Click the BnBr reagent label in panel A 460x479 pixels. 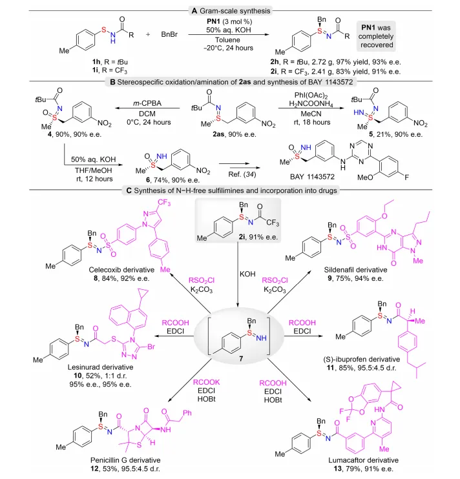(x=169, y=34)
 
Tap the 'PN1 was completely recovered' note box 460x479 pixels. (x=376, y=36)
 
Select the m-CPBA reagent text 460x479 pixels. (x=147, y=103)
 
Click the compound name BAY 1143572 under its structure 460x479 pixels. (x=312, y=177)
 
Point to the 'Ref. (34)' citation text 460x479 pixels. (x=242, y=174)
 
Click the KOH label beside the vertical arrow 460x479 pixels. (x=247, y=274)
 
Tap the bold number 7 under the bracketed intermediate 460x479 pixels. (x=241, y=358)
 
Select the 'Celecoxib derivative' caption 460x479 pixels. (x=121, y=270)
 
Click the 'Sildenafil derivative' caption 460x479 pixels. (x=355, y=270)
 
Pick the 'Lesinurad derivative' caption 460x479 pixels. (x=101, y=367)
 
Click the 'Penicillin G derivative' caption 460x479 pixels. (x=125, y=460)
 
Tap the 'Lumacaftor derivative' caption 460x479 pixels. (x=364, y=460)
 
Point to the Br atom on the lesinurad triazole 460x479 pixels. (x=151, y=347)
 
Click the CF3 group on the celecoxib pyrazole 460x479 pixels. (x=164, y=203)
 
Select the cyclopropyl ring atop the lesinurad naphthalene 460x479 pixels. (x=143, y=294)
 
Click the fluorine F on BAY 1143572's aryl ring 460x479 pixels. (x=406, y=177)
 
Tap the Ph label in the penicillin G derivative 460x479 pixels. (x=187, y=413)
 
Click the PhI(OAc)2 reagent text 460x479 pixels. (x=311, y=96)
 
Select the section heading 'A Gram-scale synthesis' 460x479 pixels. (x=231, y=11)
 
